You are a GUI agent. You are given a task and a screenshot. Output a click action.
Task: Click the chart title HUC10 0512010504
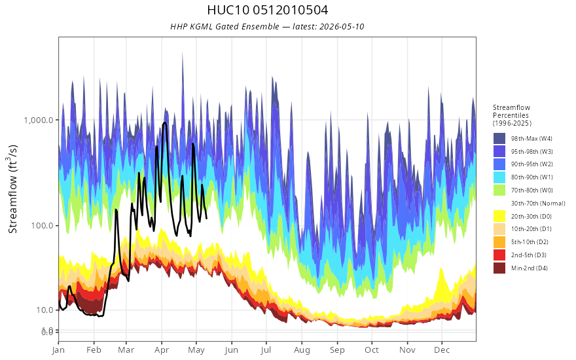tap(268, 10)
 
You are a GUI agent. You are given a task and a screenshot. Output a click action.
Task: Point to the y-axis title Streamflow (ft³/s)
tap(13, 189)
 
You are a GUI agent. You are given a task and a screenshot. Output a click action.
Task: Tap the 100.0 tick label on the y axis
tap(42, 225)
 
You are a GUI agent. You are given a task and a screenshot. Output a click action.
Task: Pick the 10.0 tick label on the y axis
tap(45, 310)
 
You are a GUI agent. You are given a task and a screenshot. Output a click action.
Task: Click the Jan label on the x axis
tap(58, 350)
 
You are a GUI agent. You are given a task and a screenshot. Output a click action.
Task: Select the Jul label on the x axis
tap(266, 350)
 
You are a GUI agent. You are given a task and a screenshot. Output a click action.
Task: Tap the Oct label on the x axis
tap(372, 350)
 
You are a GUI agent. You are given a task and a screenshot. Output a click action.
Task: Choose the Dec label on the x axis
tap(442, 350)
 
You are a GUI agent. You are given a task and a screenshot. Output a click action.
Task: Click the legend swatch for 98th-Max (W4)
tap(499, 139)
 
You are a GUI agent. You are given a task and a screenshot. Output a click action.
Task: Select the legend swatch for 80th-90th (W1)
tap(499, 177)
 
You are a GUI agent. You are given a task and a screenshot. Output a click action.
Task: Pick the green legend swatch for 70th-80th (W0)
tap(499, 190)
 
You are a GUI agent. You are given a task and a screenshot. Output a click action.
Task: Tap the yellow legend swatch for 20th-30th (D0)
tap(499, 216)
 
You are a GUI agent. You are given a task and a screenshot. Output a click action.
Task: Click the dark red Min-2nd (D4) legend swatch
tap(499, 268)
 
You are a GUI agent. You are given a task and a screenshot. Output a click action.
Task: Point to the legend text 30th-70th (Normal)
tap(538, 203)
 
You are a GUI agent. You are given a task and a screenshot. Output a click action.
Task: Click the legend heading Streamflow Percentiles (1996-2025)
tap(512, 115)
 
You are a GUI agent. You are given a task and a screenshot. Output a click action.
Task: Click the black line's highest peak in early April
tap(164, 122)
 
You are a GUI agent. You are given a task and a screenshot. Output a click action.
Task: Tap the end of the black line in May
tap(206, 219)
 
